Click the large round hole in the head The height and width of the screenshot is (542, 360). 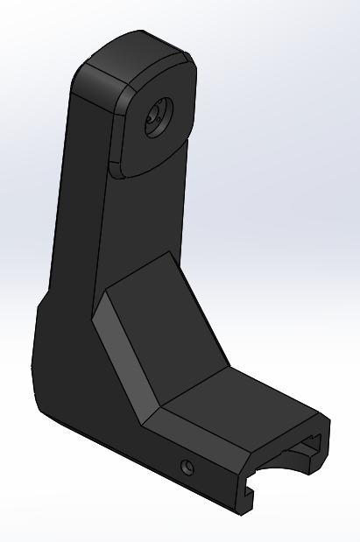point(159,115)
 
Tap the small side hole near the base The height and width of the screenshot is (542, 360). point(186,466)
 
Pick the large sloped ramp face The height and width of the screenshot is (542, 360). point(166,324)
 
